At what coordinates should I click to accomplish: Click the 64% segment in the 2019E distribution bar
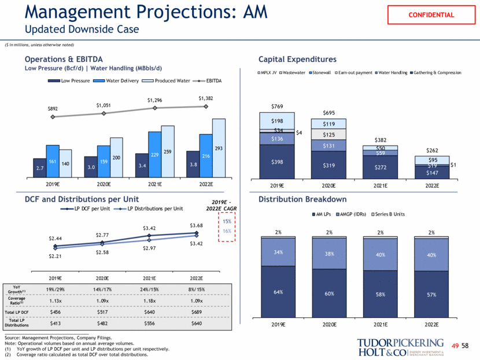[x=278, y=292]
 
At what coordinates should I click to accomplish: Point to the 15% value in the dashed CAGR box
[x=226, y=221]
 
